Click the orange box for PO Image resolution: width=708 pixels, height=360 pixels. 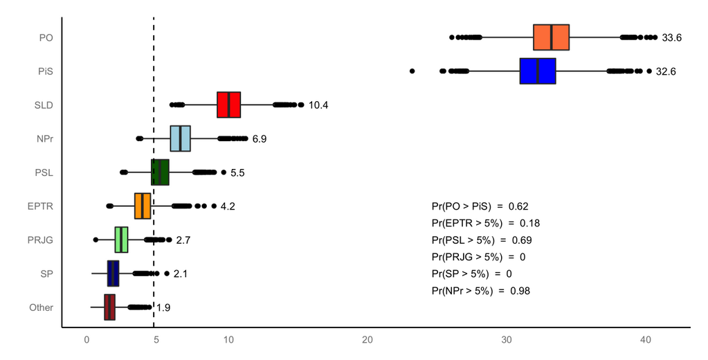point(551,37)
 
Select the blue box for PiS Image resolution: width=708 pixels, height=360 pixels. point(538,71)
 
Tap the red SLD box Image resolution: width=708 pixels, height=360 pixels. point(228,105)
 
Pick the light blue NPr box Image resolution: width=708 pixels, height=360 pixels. point(180,138)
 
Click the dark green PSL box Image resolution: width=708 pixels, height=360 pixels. point(160,172)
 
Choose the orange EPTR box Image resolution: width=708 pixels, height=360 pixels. point(143,206)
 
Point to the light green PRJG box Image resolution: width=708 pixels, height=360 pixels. point(121,240)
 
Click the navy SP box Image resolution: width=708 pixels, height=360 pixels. point(113,273)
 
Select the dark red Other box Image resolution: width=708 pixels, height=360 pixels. point(109,307)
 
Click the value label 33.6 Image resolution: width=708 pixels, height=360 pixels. point(671,38)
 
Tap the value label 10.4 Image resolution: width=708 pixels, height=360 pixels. point(318,105)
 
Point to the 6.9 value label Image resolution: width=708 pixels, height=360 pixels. point(260,139)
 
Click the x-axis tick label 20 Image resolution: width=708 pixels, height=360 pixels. point(367,340)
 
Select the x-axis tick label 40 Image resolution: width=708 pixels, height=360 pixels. point(646,340)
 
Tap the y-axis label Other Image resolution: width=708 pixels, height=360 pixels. point(41,307)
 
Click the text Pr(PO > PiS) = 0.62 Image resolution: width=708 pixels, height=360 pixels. point(480,206)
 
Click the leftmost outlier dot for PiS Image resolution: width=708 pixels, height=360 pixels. point(412,71)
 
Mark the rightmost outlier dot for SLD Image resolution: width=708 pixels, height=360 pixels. point(301,105)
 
